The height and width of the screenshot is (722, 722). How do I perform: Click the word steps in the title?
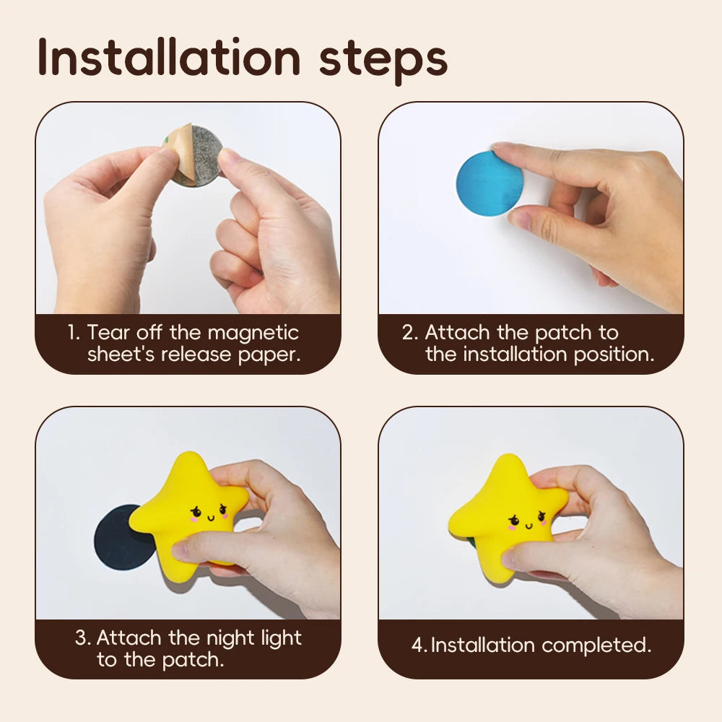tap(383, 59)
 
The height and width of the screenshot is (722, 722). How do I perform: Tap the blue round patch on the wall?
tap(489, 183)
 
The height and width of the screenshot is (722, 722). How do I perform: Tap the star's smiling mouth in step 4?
tap(525, 521)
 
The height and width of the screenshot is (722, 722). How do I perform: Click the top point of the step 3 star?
tap(190, 464)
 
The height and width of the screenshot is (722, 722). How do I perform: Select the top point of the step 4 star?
tap(510, 466)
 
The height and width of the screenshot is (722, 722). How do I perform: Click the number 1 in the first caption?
tap(72, 334)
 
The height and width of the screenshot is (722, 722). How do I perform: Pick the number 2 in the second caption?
tap(409, 334)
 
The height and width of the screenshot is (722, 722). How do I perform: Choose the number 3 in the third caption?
tap(82, 639)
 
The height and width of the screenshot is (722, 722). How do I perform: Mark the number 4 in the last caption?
tap(418, 645)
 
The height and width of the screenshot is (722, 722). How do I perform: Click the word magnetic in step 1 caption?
tap(253, 333)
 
